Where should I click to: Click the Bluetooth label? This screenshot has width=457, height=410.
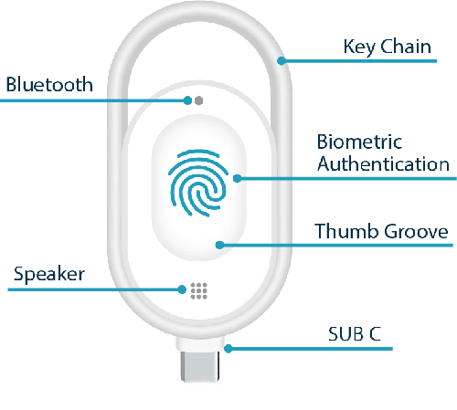click(x=49, y=84)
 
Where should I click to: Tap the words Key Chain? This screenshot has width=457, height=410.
click(x=388, y=47)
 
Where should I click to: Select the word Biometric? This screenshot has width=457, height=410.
click(x=359, y=142)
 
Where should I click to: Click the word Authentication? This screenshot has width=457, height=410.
click(x=383, y=163)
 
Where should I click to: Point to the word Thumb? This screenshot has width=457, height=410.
click(x=346, y=231)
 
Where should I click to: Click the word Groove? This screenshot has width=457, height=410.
click(x=416, y=232)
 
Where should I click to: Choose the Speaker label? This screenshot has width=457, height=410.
click(x=49, y=274)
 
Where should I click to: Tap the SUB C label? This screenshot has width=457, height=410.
click(x=355, y=334)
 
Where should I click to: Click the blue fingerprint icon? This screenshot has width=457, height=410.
click(x=198, y=183)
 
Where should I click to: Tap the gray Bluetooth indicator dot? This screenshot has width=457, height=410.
click(x=198, y=100)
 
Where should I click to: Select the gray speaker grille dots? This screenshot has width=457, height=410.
click(x=198, y=290)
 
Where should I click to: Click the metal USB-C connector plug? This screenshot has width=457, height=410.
click(x=199, y=366)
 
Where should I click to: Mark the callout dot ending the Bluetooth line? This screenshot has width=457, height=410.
click(x=187, y=100)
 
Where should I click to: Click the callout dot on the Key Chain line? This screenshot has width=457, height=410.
click(x=282, y=60)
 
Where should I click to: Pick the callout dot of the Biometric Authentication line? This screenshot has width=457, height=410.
click(x=238, y=178)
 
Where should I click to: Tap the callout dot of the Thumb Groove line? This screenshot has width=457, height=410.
click(x=219, y=245)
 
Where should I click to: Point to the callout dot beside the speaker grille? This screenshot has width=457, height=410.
click(x=182, y=289)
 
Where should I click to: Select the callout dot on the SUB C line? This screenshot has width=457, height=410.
click(x=228, y=349)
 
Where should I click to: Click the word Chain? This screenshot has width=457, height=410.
click(x=406, y=47)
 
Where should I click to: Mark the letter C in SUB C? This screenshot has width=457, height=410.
click(x=376, y=334)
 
